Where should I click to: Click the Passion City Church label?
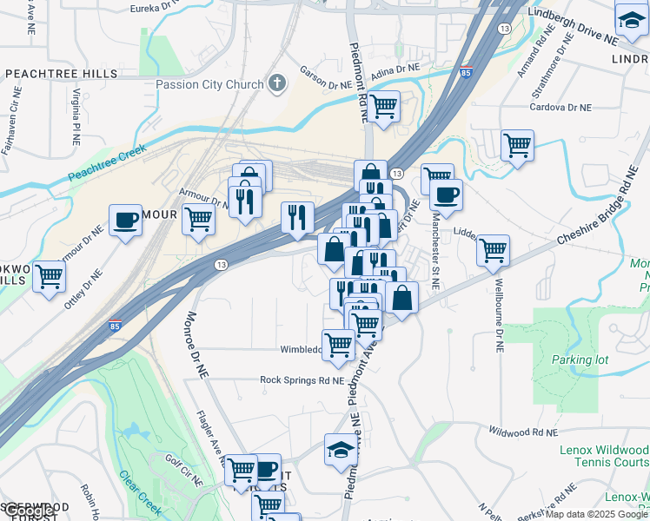click(x=209, y=84)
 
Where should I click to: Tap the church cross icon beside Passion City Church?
click(x=277, y=84)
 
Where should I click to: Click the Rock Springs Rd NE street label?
click(x=302, y=379)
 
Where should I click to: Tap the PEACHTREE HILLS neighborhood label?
click(x=61, y=74)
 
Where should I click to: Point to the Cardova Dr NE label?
click(x=561, y=108)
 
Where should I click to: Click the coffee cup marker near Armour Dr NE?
click(x=125, y=220)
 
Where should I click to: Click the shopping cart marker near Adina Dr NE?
click(x=383, y=107)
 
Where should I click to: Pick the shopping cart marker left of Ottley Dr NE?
click(x=50, y=276)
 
